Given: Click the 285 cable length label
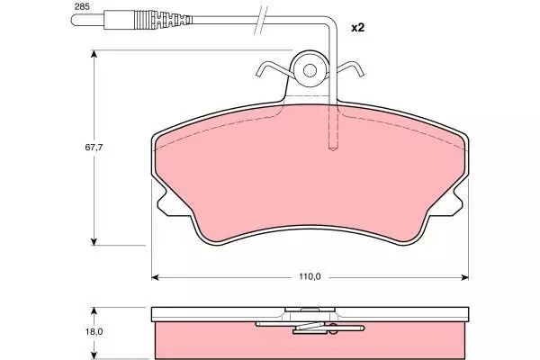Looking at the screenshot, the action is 82,6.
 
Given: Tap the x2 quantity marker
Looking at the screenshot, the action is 357,28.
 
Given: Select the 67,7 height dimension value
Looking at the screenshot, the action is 94,148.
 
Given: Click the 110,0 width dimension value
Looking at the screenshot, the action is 310,276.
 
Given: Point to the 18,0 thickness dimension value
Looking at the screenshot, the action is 94,332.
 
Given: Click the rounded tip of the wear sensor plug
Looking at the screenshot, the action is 74,20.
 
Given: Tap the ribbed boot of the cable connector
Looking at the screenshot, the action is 163,20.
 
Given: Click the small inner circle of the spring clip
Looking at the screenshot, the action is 310,70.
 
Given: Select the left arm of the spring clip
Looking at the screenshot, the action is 274,68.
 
